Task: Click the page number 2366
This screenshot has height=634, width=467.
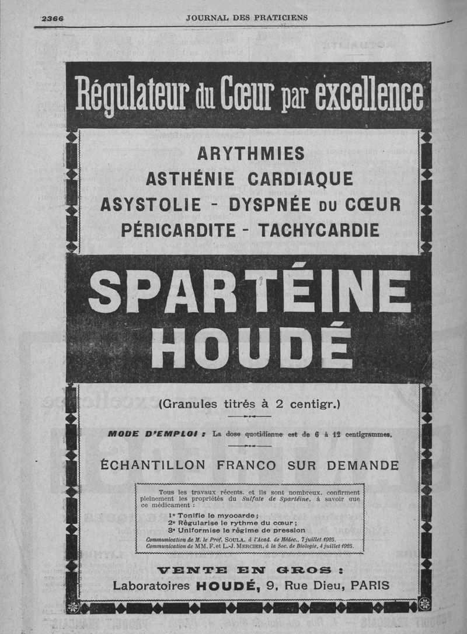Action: tap(52, 18)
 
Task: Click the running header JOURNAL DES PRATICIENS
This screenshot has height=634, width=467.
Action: tap(246, 17)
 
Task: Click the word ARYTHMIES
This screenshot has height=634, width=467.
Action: tap(251, 153)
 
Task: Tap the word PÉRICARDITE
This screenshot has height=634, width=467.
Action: tap(177, 230)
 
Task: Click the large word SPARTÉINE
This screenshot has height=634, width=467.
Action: tap(250, 293)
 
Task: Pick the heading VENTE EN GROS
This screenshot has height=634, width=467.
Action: tap(251, 569)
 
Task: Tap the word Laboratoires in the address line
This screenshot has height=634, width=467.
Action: tap(151, 586)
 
